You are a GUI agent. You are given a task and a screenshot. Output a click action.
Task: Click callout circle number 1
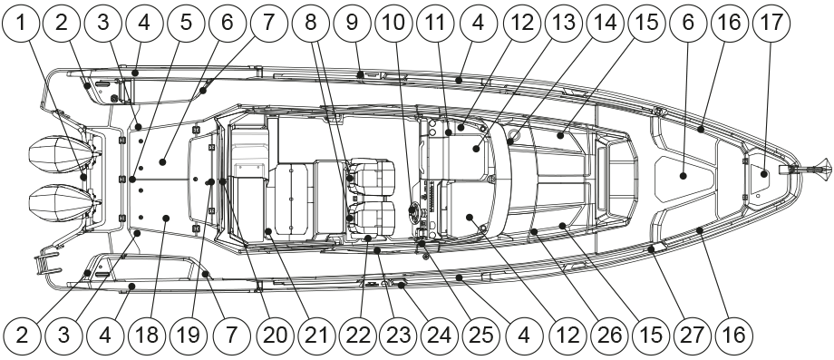pyautogui.click(x=21, y=24)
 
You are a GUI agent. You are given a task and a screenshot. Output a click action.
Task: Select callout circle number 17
pyautogui.click(x=771, y=24)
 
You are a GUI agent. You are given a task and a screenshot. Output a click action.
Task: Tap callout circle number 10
pyautogui.click(x=394, y=24)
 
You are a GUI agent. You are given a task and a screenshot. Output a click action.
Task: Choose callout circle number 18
pyautogui.click(x=147, y=336)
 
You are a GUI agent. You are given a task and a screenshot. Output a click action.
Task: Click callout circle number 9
pyautogui.click(x=352, y=24)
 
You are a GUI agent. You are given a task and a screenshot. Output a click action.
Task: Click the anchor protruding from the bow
pyautogui.click(x=804, y=169)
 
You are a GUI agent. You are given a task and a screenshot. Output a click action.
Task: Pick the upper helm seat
pyautogui.click(x=371, y=178)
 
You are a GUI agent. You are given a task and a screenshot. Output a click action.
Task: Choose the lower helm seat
pyautogui.click(x=371, y=219)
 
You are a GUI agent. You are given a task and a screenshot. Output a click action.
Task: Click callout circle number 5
pyautogui.click(x=186, y=24)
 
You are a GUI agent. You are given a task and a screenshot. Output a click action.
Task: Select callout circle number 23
pyautogui.click(x=398, y=336)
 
